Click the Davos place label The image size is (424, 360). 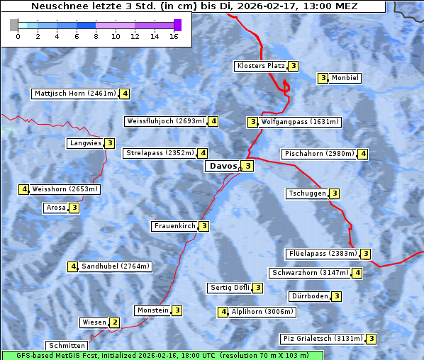tap(223, 166)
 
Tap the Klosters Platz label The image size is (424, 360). tap(260, 66)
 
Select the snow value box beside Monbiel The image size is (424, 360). tap(323, 78)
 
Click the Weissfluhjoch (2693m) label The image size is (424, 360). tap(166, 121)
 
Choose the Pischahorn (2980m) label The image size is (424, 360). tap(319, 154)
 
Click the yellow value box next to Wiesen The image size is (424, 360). tap(115, 322)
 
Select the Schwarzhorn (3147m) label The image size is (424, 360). tap(311, 273)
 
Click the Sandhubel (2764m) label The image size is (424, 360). tap(116, 266)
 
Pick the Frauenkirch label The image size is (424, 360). tap(174, 226)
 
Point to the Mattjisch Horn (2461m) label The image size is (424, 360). tap(75, 94)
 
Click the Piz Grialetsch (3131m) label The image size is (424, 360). tap(323, 339)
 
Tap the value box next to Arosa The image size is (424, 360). tap(74, 208)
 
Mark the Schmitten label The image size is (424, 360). tap(69, 345)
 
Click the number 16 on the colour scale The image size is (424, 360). tap(174, 35)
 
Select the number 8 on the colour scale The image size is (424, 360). tap(96, 35)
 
